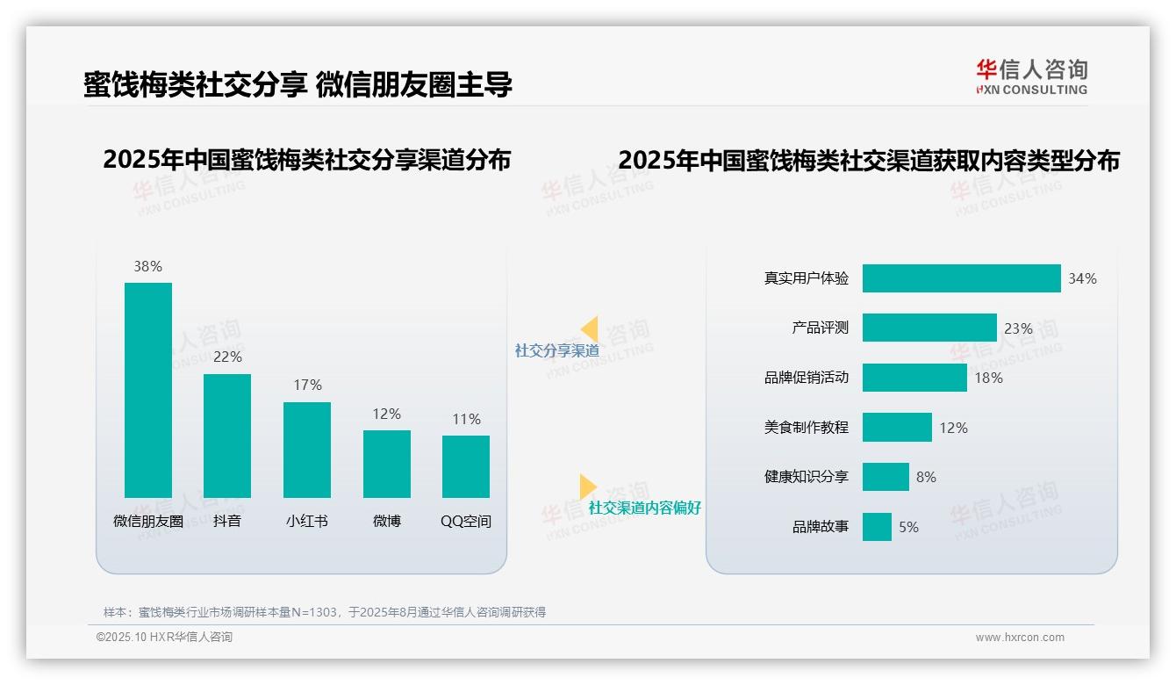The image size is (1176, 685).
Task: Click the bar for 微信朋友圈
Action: click(x=148, y=390)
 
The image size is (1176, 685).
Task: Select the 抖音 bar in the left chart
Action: click(x=227, y=436)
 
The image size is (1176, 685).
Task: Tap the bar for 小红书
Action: click(x=307, y=450)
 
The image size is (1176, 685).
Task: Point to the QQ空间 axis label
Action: click(x=466, y=521)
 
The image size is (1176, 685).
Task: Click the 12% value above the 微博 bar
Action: click(x=386, y=414)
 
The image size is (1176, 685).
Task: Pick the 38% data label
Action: click(x=147, y=266)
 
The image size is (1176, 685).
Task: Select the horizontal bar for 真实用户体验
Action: click(x=961, y=278)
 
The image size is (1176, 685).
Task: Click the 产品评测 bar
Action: click(x=929, y=328)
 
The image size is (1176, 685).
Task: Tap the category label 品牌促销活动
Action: click(x=807, y=378)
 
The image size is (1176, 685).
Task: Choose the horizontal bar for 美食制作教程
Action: click(x=897, y=428)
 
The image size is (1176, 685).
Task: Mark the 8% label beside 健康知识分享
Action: click(x=926, y=477)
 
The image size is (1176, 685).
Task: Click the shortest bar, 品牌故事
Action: click(x=877, y=527)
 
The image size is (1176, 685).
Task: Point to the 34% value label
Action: click(x=1082, y=278)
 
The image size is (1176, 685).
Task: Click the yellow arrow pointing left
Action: click(x=590, y=329)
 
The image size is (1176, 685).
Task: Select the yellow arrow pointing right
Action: click(x=587, y=487)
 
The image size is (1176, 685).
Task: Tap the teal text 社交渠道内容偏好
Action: click(x=645, y=508)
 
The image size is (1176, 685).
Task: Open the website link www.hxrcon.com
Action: click(x=1020, y=638)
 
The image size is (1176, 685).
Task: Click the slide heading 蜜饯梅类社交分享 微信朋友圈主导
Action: click(x=298, y=84)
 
